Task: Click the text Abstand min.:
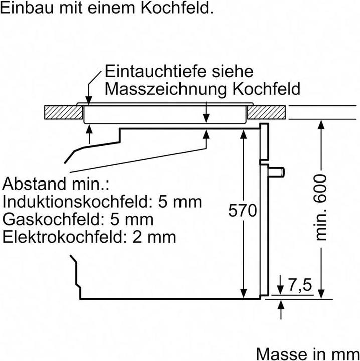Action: coord(56,184)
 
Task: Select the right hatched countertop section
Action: coord(269,112)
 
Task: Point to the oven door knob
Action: coord(277,171)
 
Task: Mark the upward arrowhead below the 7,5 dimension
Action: coord(280,303)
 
